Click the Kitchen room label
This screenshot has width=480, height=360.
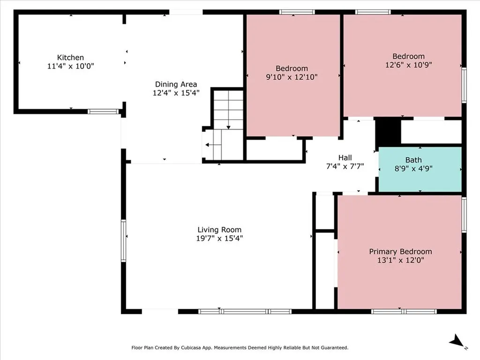(x=70, y=58)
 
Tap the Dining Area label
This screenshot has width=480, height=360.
(x=176, y=84)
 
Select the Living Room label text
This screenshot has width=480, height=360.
(x=219, y=230)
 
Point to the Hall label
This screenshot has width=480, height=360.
(x=345, y=157)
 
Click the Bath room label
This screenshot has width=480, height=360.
(x=413, y=160)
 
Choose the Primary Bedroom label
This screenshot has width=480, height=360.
(x=400, y=252)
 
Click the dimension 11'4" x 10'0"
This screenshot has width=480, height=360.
(x=70, y=66)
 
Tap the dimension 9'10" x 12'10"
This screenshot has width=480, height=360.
(x=292, y=77)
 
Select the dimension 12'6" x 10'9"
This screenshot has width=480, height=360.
(x=409, y=65)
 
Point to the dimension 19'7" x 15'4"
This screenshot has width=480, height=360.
(x=219, y=238)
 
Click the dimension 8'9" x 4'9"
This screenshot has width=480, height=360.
(x=413, y=168)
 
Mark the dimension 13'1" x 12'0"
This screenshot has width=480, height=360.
(x=400, y=260)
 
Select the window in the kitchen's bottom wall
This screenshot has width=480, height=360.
(x=103, y=112)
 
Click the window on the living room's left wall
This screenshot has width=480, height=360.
(x=123, y=240)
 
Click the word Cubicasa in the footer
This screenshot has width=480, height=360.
(x=191, y=348)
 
